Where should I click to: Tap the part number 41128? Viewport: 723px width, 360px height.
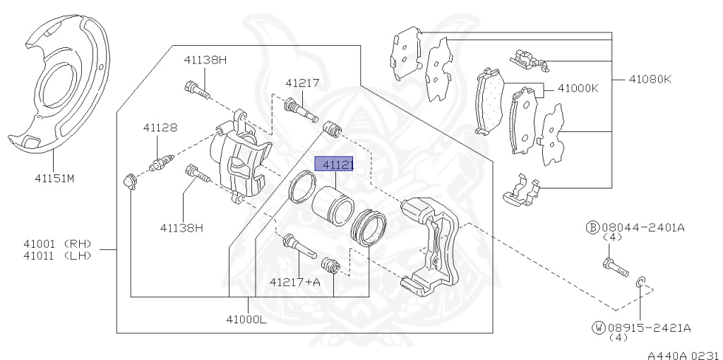coord(160,128)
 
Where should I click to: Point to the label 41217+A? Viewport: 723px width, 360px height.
coord(294,282)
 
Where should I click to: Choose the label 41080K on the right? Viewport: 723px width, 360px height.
coord(650,79)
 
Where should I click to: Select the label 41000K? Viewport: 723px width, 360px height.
coord(578,89)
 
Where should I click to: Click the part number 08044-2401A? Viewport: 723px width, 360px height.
coord(643,227)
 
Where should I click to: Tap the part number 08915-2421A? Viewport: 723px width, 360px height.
coord(648,328)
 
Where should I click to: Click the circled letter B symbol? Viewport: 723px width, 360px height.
coord(593,227)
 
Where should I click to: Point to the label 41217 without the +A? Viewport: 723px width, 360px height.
coord(302,83)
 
